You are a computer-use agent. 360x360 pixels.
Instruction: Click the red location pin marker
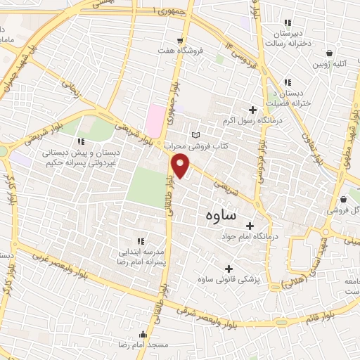181,166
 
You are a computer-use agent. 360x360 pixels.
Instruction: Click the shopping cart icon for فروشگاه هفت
181,40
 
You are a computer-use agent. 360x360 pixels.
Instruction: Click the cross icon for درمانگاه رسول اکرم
253,109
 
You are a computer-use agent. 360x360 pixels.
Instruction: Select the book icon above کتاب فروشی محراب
196,135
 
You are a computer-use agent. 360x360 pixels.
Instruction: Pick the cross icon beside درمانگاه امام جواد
250,226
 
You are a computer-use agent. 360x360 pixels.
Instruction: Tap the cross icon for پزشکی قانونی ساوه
229,269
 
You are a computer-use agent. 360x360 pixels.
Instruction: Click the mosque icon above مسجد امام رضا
143,335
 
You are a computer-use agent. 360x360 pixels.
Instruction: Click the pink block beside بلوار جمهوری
154,120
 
